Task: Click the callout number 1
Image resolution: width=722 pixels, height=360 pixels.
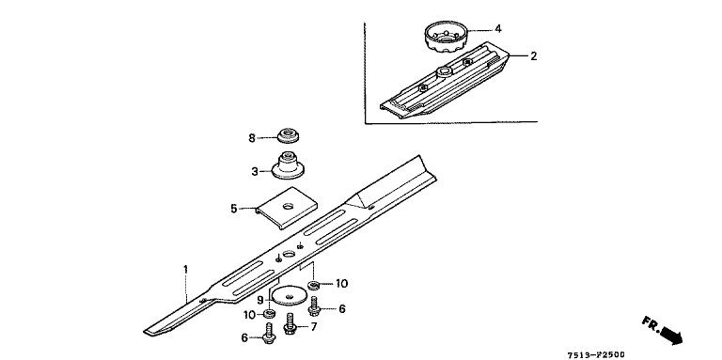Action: pyautogui.click(x=185, y=270)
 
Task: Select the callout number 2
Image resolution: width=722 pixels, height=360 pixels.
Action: pyautogui.click(x=533, y=56)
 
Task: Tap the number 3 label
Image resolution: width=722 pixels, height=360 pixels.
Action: pyautogui.click(x=255, y=172)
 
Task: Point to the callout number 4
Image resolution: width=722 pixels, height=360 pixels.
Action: pyautogui.click(x=497, y=29)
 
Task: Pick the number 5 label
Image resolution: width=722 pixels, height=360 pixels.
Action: pyautogui.click(x=234, y=209)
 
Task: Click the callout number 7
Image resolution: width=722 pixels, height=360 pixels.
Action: pyautogui.click(x=314, y=327)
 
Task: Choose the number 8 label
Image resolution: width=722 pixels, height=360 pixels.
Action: pyautogui.click(x=252, y=137)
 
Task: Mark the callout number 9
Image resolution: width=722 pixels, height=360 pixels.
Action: pyautogui.click(x=260, y=300)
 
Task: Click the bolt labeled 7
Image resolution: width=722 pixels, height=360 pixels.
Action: pyautogui.click(x=290, y=323)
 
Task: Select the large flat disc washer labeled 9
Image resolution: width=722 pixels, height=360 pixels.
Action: pyautogui.click(x=289, y=294)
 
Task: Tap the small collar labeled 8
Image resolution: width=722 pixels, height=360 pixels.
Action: pyautogui.click(x=288, y=136)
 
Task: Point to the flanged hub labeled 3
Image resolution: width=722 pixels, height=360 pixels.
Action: pyautogui.click(x=288, y=166)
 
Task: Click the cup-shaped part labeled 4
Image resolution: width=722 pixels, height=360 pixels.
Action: pyautogui.click(x=446, y=37)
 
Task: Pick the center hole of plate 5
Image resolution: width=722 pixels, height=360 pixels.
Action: pyautogui.click(x=289, y=206)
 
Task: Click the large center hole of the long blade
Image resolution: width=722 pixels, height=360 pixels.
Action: pyautogui.click(x=290, y=254)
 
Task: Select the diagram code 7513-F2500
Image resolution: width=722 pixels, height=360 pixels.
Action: pyautogui.click(x=596, y=355)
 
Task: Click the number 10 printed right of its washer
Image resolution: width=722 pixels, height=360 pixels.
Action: pyautogui.click(x=341, y=284)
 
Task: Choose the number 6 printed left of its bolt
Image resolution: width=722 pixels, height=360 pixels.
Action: pyautogui.click(x=244, y=337)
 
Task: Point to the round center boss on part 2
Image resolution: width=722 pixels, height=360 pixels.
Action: pyautogui.click(x=445, y=70)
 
